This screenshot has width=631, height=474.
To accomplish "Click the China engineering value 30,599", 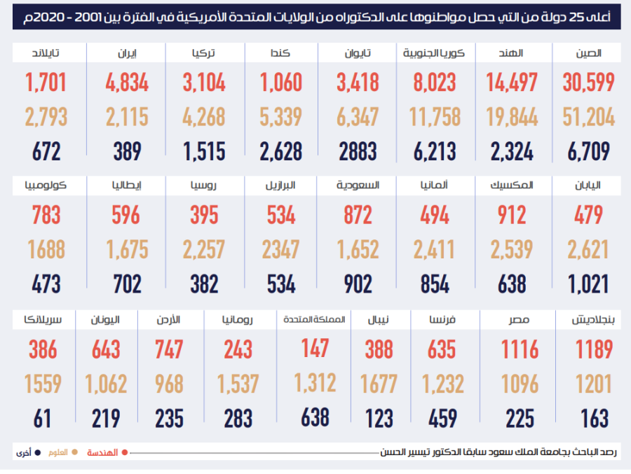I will click(x=588, y=83).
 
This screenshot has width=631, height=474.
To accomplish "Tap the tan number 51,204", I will click(x=588, y=117).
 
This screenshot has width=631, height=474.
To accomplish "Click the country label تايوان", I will click(x=358, y=53).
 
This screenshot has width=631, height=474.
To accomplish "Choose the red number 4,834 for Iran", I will click(x=127, y=83).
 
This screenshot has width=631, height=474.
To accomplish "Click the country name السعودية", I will click(x=358, y=186).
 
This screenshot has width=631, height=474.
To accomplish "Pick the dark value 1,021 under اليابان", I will click(x=588, y=284).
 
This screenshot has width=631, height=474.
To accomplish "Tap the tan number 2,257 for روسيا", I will click(x=204, y=249).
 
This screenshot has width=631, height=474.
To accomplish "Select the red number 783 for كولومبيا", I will click(x=46, y=215).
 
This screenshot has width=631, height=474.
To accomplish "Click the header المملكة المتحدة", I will click(x=315, y=319).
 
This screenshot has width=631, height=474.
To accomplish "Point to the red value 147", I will click(x=315, y=347).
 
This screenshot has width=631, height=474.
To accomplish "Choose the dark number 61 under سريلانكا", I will click(x=43, y=419).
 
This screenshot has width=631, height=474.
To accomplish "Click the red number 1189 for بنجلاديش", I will click(x=594, y=349).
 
